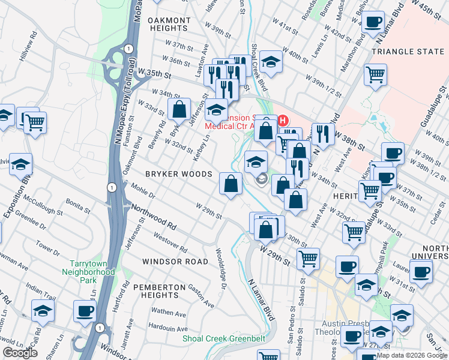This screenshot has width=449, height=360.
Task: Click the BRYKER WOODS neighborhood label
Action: pos(179,174)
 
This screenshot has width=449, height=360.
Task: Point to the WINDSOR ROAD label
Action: pos(175,262)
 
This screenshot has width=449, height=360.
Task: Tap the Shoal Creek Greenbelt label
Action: pos(224,338)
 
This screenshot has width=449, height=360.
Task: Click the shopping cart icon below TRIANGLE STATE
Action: pos(375,75)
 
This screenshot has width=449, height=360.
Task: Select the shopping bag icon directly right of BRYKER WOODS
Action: pos(231,184)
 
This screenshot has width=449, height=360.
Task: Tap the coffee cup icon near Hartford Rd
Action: pos(85,311)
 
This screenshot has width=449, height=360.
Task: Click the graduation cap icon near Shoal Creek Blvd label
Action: pos(271,62)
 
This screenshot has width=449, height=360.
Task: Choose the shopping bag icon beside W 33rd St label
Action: pos(179,109)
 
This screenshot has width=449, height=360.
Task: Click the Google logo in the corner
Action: pos(20,353)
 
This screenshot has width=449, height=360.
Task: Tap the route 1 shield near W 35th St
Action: pos(128,49)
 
